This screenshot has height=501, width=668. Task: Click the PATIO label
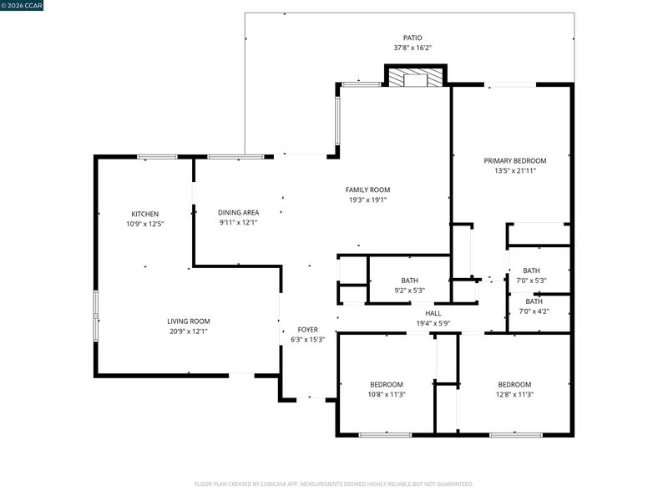click(x=412, y=38)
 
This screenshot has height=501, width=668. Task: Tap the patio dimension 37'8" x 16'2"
click(x=412, y=48)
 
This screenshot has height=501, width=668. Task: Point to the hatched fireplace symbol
click(x=415, y=78)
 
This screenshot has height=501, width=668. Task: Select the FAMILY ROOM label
click(x=367, y=190)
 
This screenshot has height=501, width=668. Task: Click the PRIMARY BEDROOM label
click(x=515, y=161)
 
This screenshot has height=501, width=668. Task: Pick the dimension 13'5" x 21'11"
click(x=515, y=171)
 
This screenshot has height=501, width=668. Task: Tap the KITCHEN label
click(x=144, y=215)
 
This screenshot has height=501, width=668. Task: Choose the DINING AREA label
click(x=239, y=213)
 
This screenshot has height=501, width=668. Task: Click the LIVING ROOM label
click(x=189, y=321)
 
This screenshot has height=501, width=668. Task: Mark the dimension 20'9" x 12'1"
click(x=189, y=331)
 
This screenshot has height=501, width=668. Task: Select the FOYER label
click(x=307, y=330)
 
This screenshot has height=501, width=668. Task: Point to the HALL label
click(x=433, y=314)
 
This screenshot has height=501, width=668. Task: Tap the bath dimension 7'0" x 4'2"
click(x=534, y=311)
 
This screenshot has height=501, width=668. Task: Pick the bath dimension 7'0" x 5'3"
click(x=531, y=281)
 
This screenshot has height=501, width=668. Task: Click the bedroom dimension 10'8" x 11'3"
click(x=387, y=394)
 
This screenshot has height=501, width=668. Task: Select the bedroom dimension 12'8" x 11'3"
click(x=514, y=394)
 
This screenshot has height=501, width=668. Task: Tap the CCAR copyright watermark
click(x=22, y=6)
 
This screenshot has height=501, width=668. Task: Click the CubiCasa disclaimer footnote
click(x=333, y=484)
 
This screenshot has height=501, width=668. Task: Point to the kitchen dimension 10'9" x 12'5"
click(x=144, y=224)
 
